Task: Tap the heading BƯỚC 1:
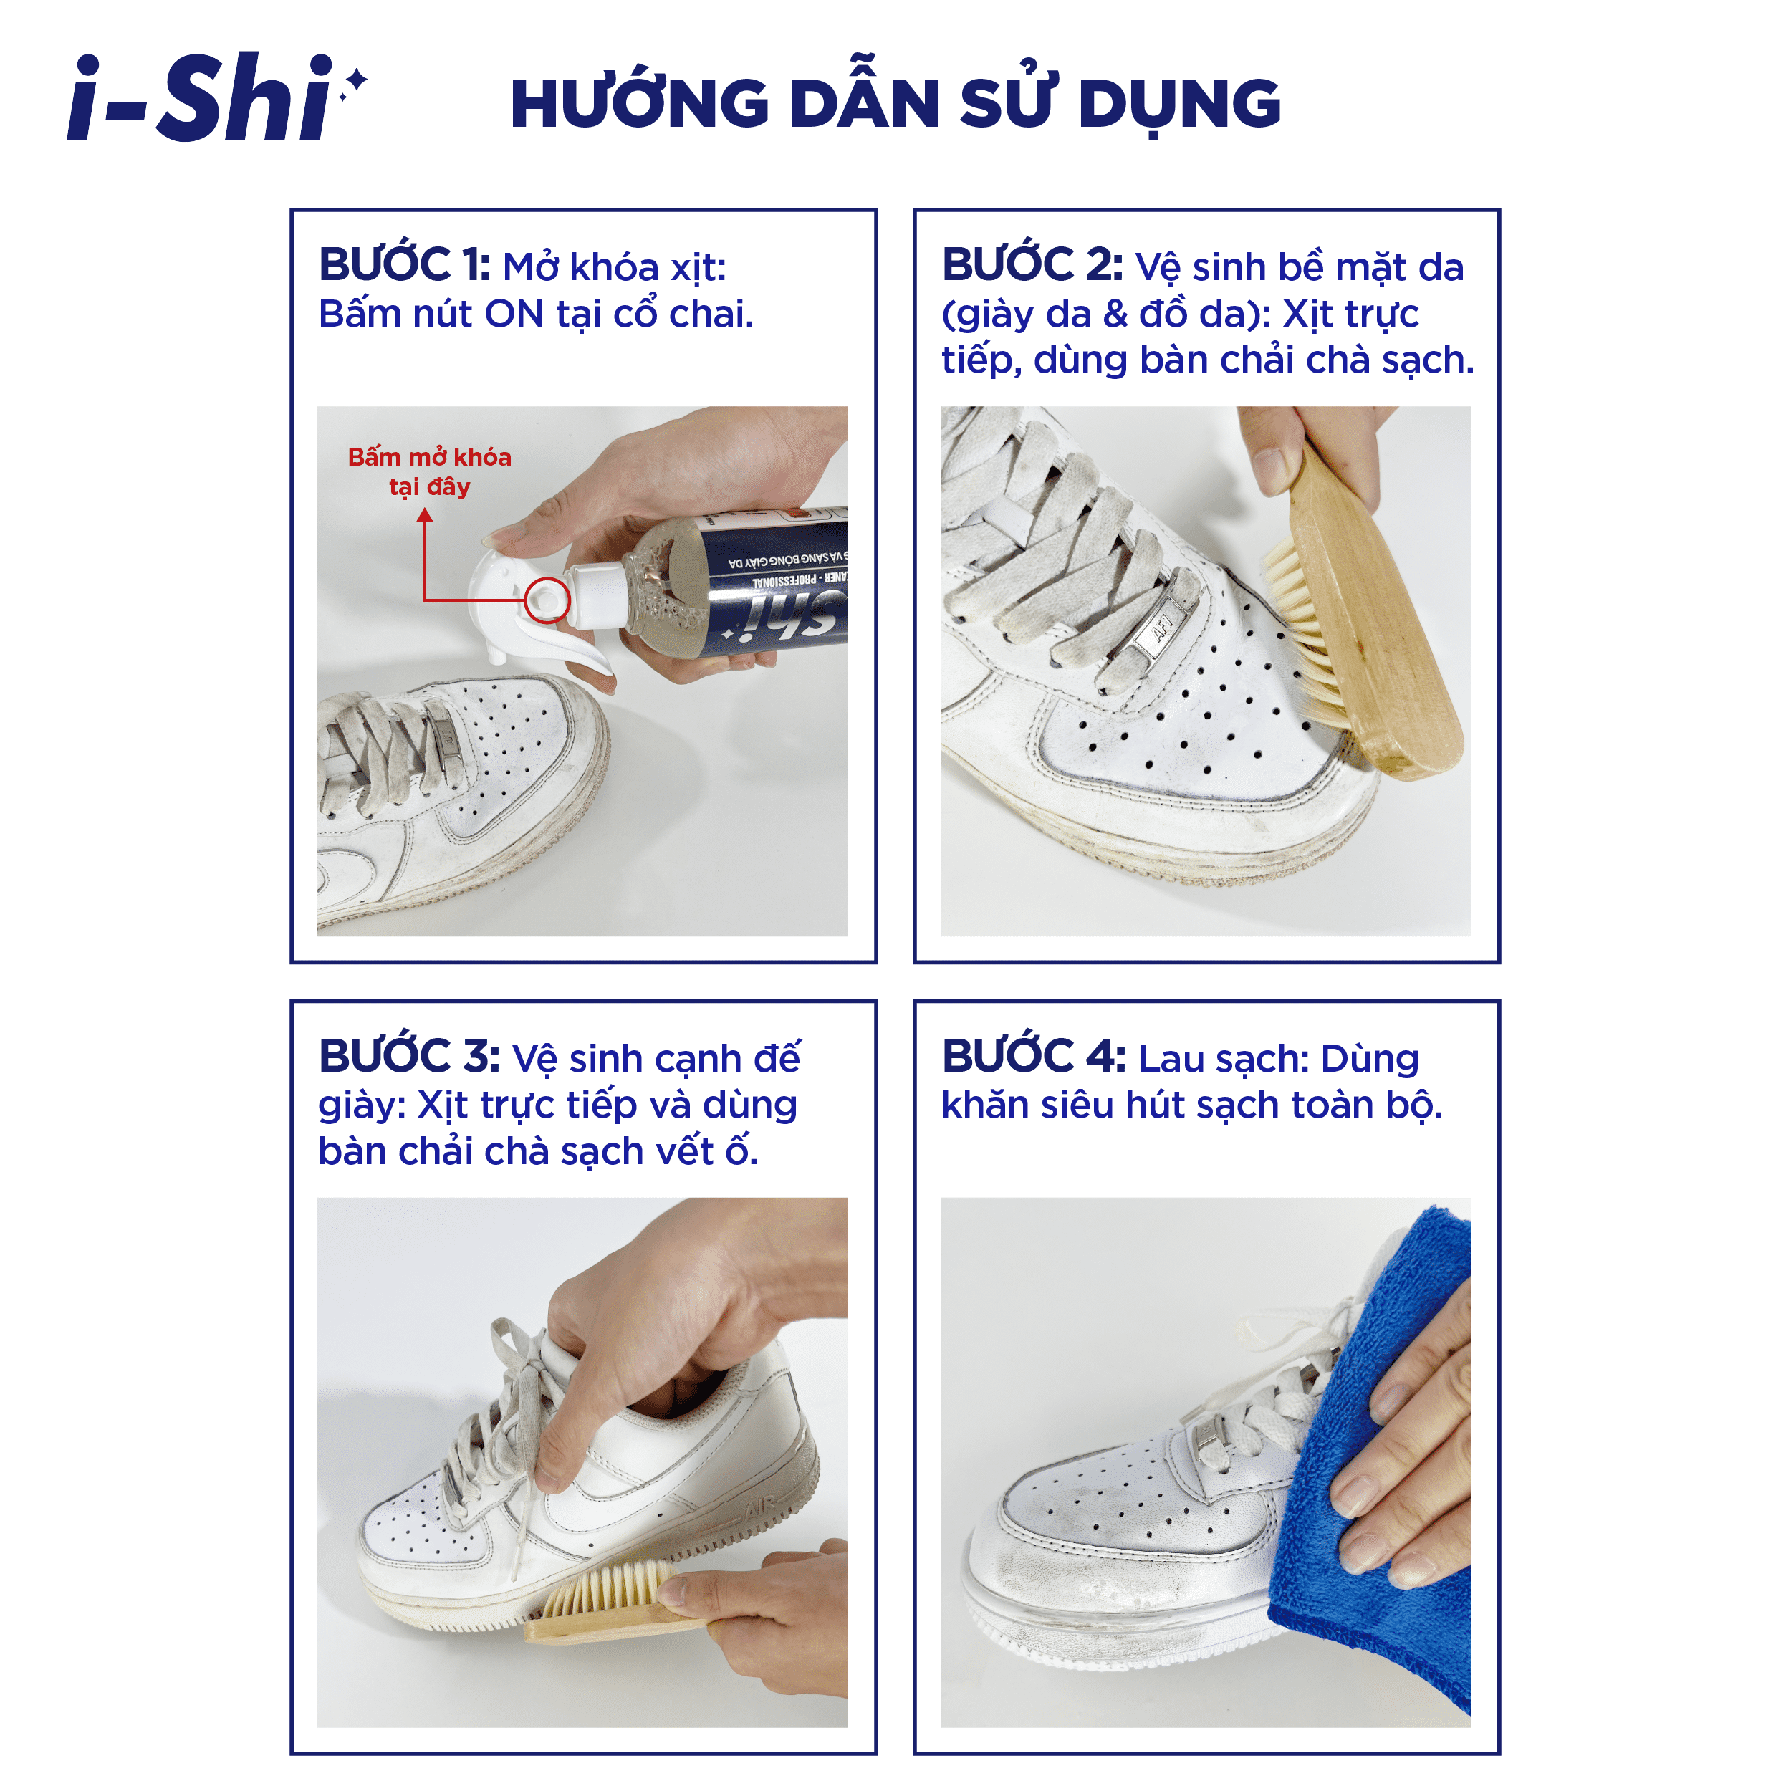tap(404, 265)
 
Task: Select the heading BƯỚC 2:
tap(1032, 265)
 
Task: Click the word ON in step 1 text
tap(514, 314)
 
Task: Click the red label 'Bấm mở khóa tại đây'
tap(429, 471)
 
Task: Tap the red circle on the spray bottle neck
tap(547, 599)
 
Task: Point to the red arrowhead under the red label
tap(425, 515)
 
